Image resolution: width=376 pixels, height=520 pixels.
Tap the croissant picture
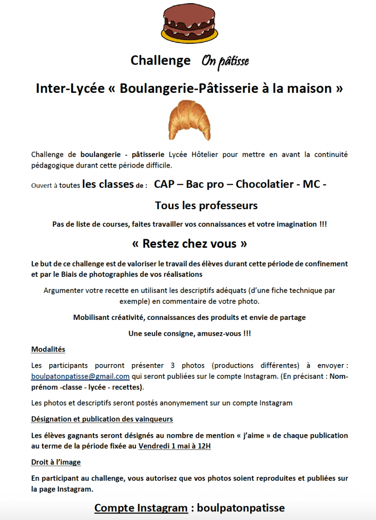(x=190, y=120)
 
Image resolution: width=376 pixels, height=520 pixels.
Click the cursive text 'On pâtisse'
(x=225, y=61)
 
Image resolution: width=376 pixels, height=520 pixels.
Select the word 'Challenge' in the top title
(x=160, y=60)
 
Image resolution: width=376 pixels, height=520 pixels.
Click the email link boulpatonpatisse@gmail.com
(x=80, y=376)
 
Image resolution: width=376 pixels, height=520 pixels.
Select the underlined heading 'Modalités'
(x=48, y=349)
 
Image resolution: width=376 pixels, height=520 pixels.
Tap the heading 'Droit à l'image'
(x=56, y=462)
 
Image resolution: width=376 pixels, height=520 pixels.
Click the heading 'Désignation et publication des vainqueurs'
(x=102, y=419)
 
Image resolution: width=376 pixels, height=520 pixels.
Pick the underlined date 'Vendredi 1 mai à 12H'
(x=174, y=446)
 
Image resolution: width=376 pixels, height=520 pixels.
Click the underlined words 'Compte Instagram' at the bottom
(x=141, y=508)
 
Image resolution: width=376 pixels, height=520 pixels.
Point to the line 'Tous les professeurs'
(x=206, y=206)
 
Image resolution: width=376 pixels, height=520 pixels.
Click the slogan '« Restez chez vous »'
(x=189, y=244)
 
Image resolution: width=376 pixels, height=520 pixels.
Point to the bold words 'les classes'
(x=107, y=184)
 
